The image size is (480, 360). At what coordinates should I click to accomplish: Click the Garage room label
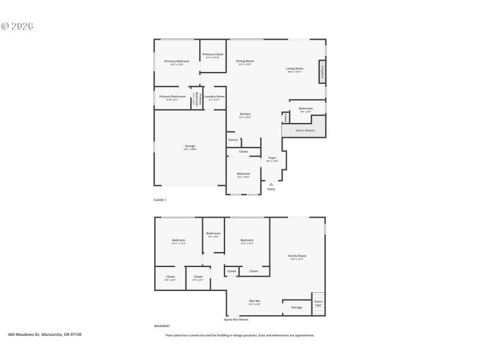point(190,146)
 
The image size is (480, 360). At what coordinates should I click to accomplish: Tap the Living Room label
point(294,68)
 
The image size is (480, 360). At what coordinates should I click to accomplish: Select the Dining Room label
point(245,61)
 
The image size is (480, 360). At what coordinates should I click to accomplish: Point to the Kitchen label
point(245,114)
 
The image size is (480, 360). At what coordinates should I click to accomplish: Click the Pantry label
point(233,140)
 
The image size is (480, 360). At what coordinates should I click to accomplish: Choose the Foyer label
point(272,158)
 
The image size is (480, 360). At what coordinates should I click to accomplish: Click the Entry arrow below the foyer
point(271,185)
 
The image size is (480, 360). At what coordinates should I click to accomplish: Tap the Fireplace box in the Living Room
point(322,71)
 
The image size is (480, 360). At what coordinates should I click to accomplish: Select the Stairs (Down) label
point(305,130)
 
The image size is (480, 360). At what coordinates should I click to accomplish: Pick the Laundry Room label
point(214,97)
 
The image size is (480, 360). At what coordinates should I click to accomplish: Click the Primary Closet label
point(212,54)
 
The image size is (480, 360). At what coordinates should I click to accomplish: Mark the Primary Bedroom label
point(177,61)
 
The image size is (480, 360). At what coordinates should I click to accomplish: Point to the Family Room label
point(297,256)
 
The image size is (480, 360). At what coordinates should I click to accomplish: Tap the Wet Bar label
point(254,301)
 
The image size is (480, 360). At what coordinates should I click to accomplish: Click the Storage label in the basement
point(296,307)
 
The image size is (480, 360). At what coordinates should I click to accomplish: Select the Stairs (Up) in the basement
point(318,303)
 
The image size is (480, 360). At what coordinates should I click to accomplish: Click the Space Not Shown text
point(236,319)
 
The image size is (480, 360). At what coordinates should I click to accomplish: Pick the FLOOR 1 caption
point(160,199)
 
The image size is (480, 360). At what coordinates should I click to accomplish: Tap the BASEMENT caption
point(162,326)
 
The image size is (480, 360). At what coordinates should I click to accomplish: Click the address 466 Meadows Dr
point(44,334)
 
